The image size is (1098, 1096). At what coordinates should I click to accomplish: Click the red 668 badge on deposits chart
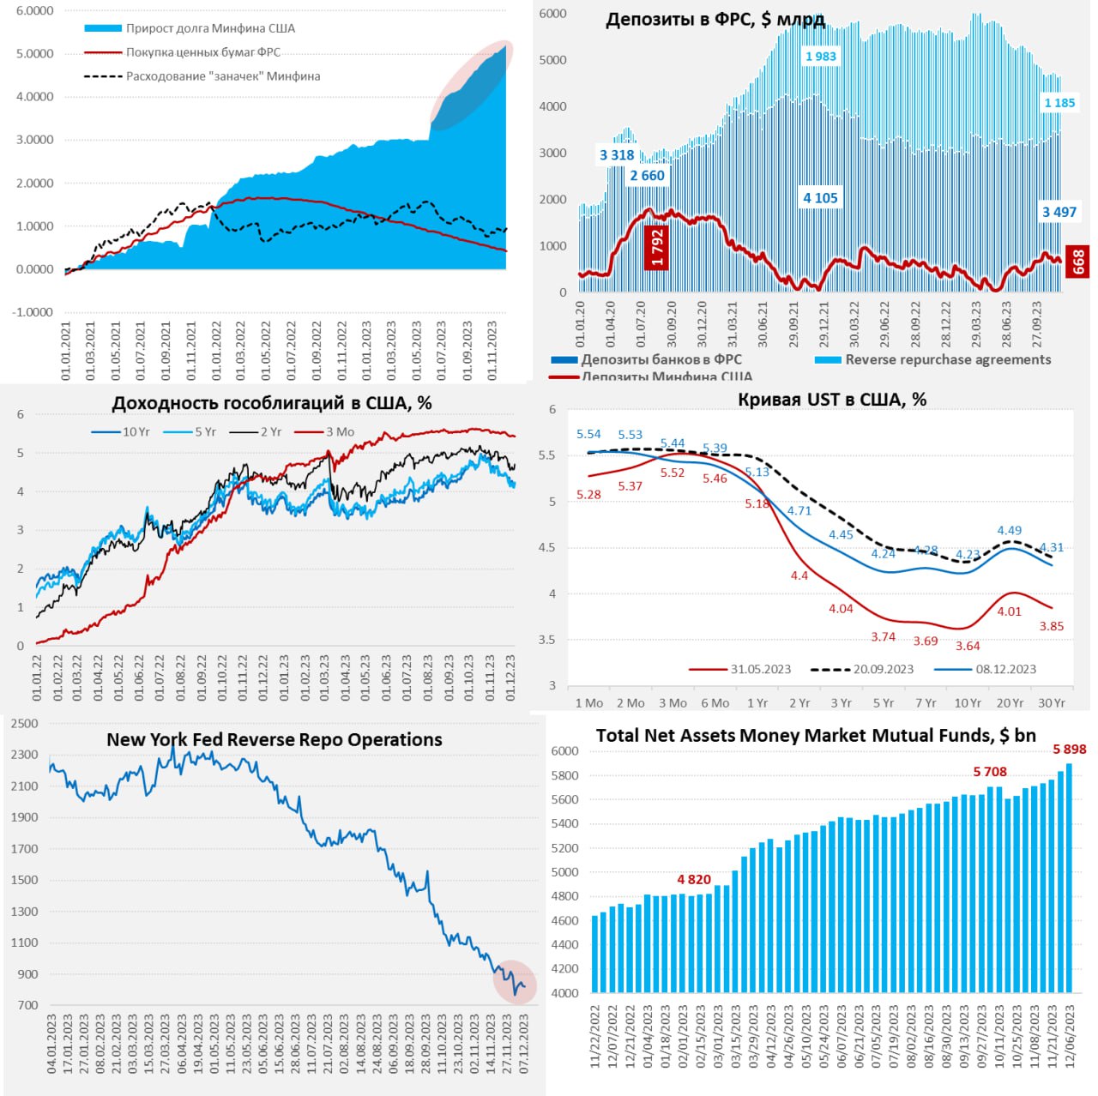(x=1078, y=262)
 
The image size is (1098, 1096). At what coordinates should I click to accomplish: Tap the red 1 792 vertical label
(x=657, y=248)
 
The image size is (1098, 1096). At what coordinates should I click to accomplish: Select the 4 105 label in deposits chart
(x=820, y=198)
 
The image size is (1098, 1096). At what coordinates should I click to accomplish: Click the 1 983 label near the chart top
(x=820, y=57)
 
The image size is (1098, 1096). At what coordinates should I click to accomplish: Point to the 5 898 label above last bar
(x=1070, y=750)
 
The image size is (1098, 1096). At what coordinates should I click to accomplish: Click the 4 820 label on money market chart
(x=694, y=880)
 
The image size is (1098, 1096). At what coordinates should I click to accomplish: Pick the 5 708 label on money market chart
(x=990, y=772)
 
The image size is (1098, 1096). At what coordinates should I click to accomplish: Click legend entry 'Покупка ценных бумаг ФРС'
(x=203, y=52)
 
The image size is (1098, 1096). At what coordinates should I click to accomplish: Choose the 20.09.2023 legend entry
(x=883, y=669)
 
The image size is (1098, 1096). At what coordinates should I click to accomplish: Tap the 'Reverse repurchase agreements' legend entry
(x=948, y=360)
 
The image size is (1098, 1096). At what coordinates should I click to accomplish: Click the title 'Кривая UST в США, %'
(x=831, y=400)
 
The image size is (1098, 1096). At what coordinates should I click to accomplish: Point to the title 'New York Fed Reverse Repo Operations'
(x=274, y=739)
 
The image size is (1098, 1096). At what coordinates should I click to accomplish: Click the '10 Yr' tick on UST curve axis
(x=968, y=703)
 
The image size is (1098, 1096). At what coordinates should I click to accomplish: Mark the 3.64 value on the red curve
(x=968, y=646)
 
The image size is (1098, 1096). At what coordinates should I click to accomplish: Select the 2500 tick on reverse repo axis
(x=24, y=724)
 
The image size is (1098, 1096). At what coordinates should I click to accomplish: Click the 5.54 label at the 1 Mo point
(x=588, y=435)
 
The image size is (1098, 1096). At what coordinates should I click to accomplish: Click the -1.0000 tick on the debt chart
(x=33, y=312)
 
